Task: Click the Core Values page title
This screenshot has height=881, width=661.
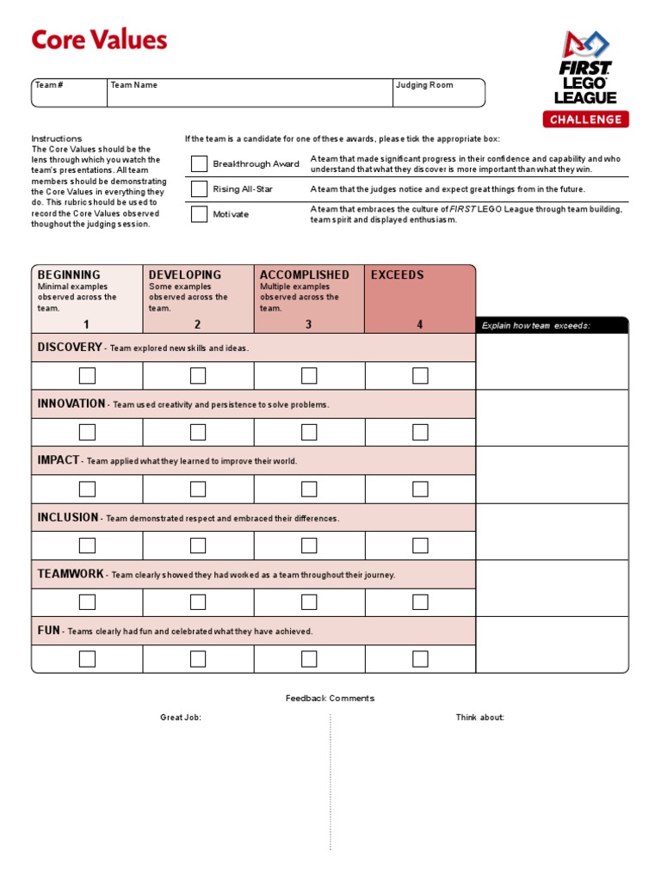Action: [99, 40]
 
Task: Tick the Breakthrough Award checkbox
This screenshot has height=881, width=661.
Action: [200, 163]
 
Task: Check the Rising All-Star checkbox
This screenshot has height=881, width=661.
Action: [200, 189]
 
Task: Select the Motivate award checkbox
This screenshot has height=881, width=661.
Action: [200, 214]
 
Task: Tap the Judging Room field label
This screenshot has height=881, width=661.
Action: [423, 85]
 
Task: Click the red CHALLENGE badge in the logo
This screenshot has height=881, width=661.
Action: [585, 120]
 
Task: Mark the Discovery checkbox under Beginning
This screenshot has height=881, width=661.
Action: [87, 375]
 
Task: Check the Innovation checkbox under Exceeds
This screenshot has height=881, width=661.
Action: [420, 432]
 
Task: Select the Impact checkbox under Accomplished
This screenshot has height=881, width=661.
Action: [309, 489]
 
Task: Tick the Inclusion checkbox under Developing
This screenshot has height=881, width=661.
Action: [198, 545]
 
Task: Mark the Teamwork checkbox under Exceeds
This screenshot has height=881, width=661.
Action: [420, 602]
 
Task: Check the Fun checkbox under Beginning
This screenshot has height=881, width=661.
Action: [87, 659]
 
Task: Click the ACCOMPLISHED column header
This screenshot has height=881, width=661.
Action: [305, 275]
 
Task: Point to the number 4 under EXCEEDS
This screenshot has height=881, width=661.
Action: [420, 324]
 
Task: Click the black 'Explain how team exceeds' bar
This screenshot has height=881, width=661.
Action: [552, 325]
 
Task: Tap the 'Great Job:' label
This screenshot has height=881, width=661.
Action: [181, 718]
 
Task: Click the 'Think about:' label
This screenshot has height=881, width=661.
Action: [479, 718]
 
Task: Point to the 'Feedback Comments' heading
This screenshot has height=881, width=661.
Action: [330, 699]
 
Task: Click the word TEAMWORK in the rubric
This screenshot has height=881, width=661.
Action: [71, 574]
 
